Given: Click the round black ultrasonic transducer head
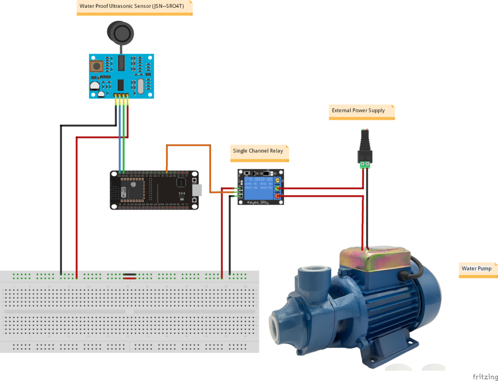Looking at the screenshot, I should (121, 33).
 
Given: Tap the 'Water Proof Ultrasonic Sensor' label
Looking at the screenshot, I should (134, 7).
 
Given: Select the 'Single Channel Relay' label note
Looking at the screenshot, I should (258, 151).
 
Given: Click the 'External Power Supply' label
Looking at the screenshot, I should (358, 111).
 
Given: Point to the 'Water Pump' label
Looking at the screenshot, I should (477, 268).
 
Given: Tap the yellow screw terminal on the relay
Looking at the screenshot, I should (278, 180).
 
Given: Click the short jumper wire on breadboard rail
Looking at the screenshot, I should (129, 277).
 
